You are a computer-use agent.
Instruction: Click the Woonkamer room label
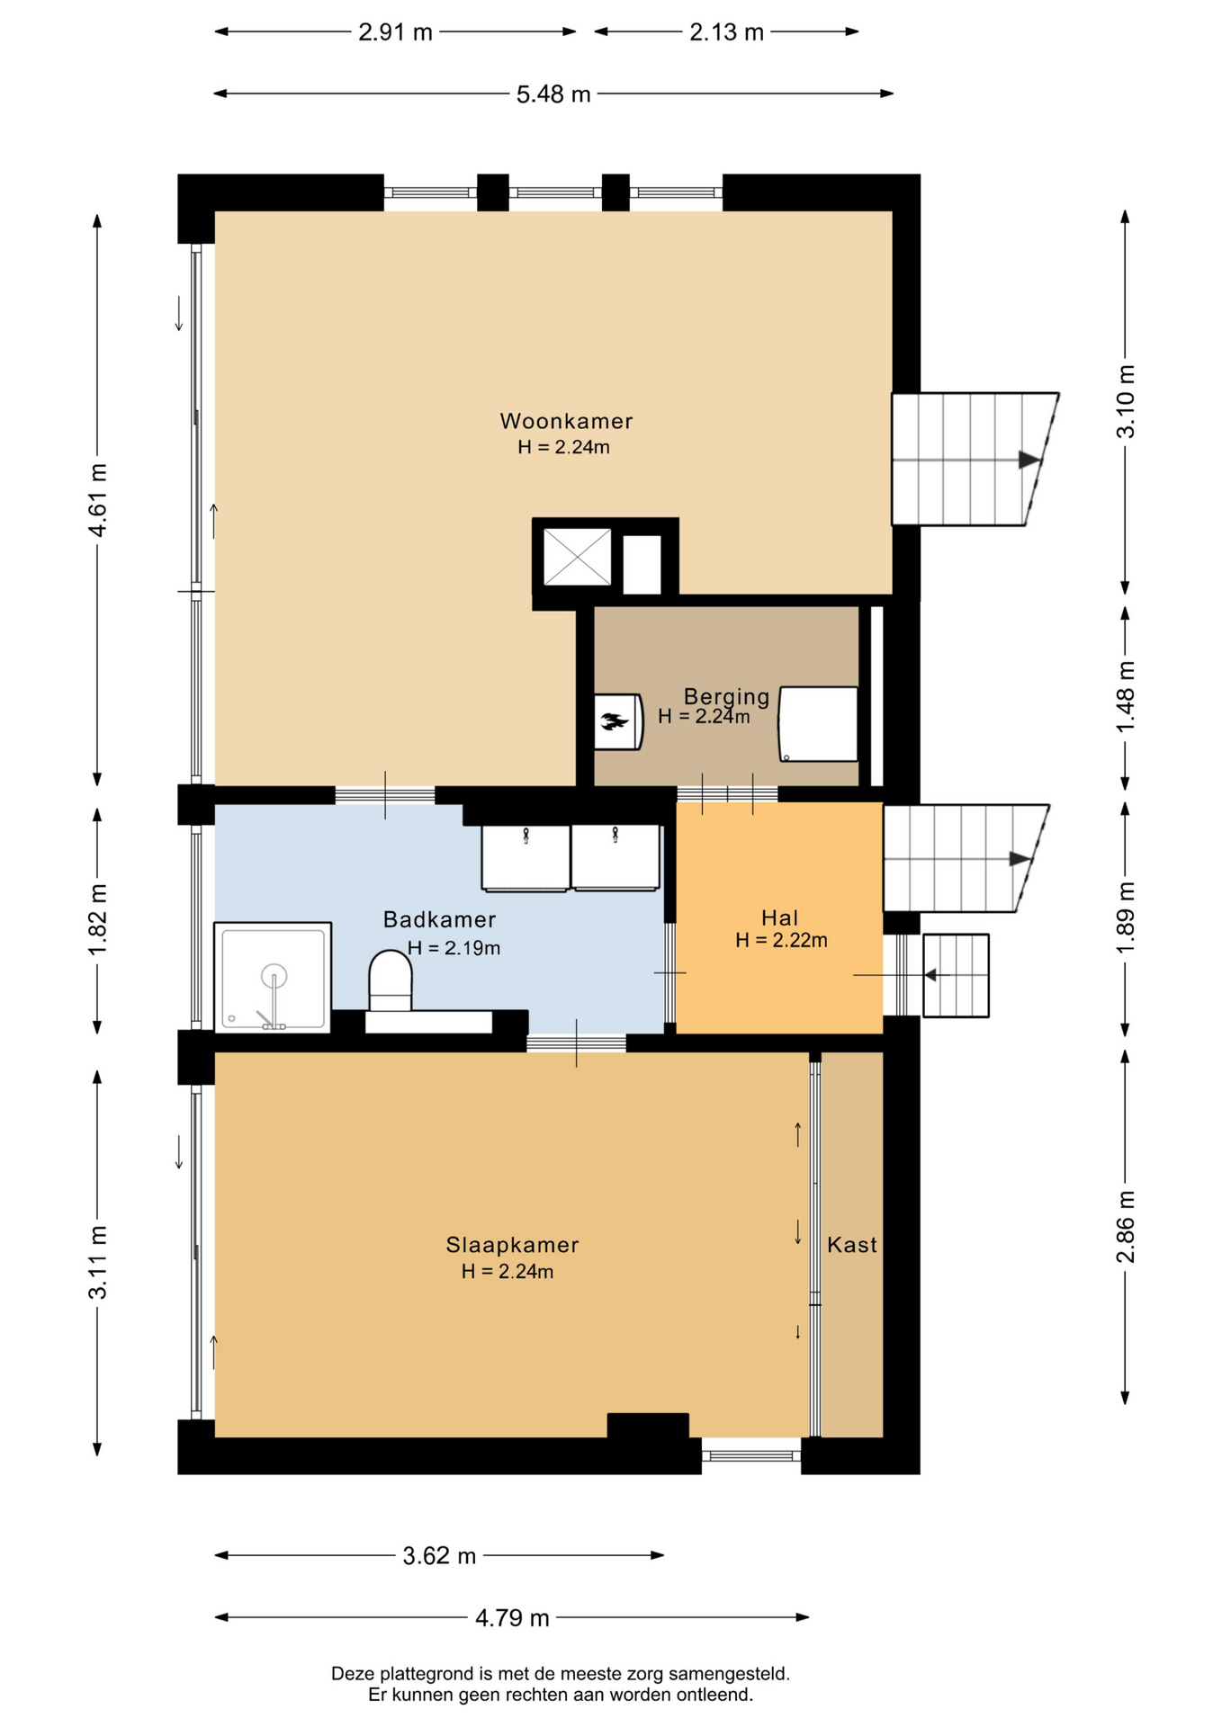click(566, 421)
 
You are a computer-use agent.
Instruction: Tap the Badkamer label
click(439, 919)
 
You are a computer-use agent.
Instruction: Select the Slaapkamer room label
click(512, 1245)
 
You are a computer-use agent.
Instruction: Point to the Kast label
click(851, 1245)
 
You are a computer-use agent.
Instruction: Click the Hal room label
click(779, 918)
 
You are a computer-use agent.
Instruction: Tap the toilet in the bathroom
click(391, 981)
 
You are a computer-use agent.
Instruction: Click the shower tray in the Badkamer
click(273, 977)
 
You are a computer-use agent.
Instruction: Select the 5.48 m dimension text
click(553, 94)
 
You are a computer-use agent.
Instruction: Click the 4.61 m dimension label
click(97, 500)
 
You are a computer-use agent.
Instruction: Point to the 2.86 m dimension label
click(1126, 1226)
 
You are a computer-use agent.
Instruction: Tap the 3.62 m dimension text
click(439, 1556)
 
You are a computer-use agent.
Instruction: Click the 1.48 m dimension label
click(1126, 696)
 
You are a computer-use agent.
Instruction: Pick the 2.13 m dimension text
click(726, 32)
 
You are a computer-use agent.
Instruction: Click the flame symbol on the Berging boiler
click(615, 720)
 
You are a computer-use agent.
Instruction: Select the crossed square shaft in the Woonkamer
click(577, 558)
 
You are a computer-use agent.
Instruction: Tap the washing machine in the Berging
click(818, 724)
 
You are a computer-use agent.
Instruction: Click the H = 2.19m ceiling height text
click(454, 948)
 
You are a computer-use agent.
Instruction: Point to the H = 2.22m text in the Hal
click(781, 941)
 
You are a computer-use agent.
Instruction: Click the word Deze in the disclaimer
click(351, 1674)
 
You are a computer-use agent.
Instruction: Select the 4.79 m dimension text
click(512, 1618)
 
